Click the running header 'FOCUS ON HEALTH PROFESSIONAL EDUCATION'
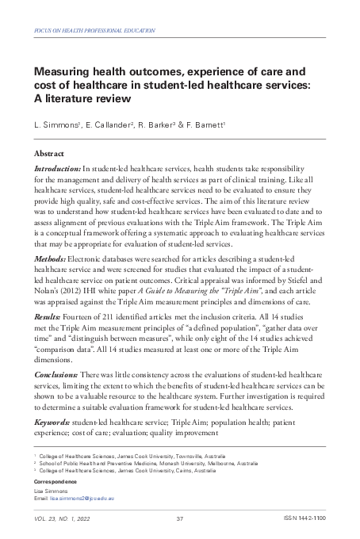[90, 29]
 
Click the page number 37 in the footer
[180, 518]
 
